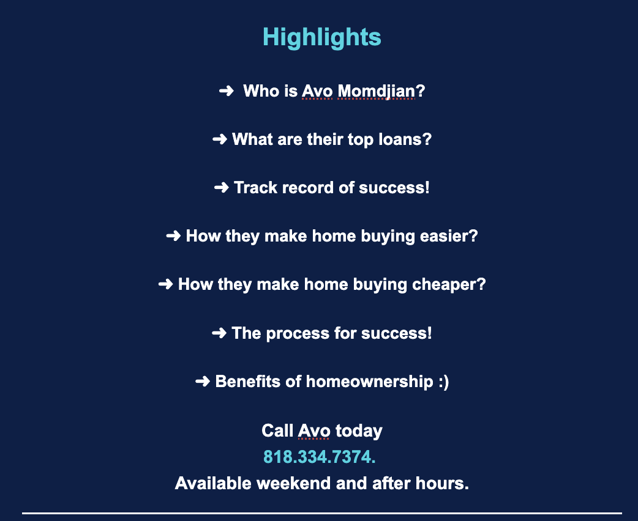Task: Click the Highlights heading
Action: tap(322, 37)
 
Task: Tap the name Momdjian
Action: tap(377, 91)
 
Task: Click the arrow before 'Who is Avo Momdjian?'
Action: tap(226, 91)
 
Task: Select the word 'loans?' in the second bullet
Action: tap(405, 139)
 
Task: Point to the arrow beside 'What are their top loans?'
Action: tap(220, 139)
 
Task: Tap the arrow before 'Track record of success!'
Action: tap(222, 188)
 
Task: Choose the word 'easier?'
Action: tap(449, 236)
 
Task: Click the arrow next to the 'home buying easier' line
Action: tap(173, 235)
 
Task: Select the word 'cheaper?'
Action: tap(449, 284)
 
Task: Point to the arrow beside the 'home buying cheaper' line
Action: tap(165, 284)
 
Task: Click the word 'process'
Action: tap(298, 334)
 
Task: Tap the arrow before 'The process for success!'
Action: tap(219, 333)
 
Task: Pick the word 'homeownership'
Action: tap(369, 382)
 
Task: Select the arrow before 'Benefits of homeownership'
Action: tap(203, 381)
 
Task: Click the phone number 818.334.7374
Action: tap(320, 457)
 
